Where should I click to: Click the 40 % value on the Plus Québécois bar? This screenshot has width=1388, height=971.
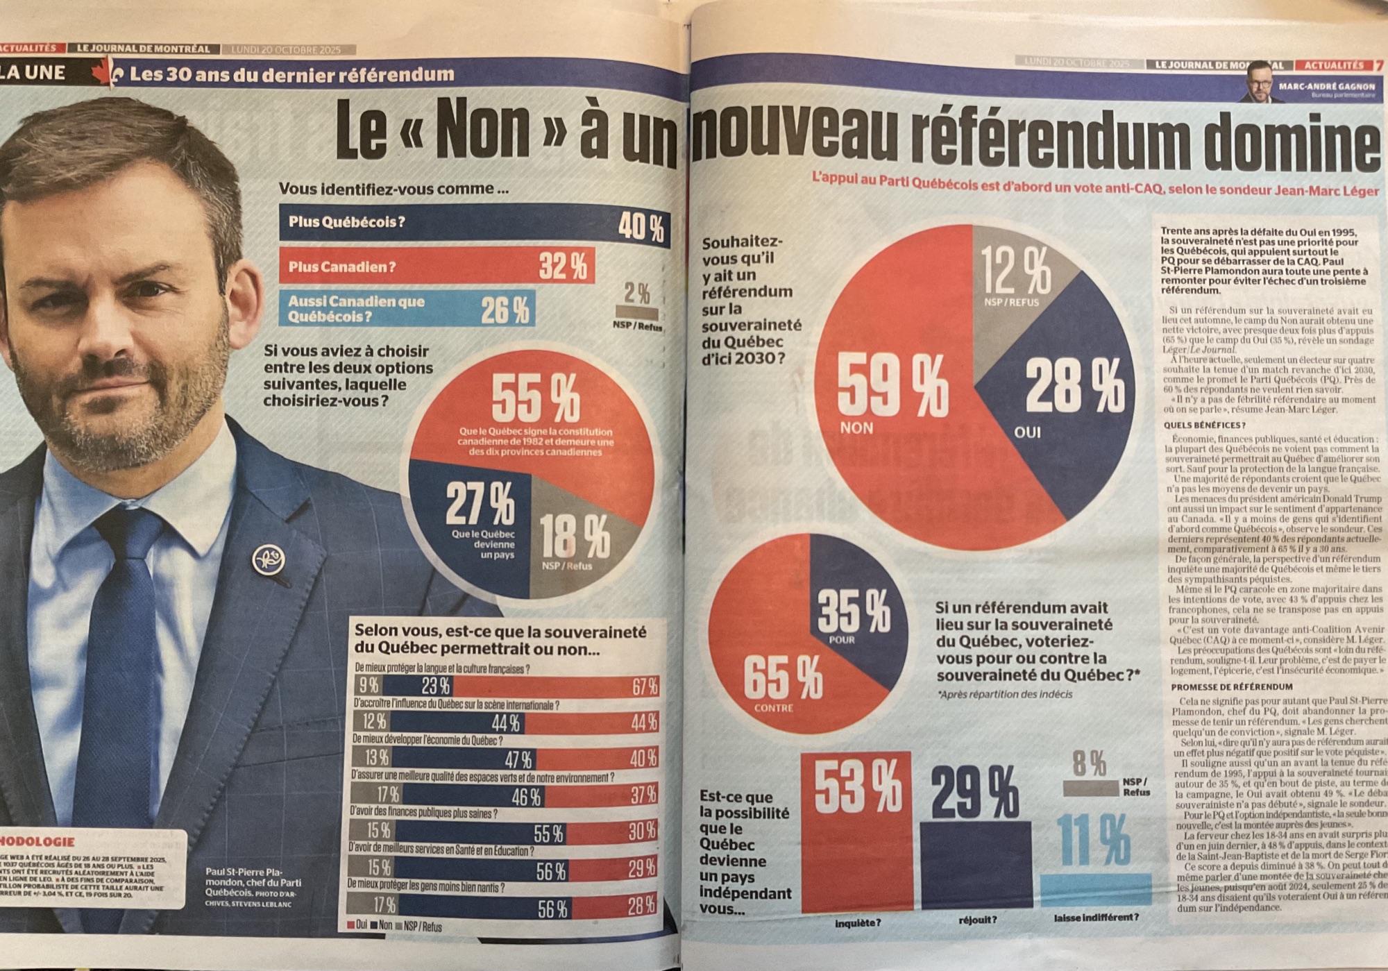tap(641, 227)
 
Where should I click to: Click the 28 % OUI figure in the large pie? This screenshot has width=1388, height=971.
tap(1074, 388)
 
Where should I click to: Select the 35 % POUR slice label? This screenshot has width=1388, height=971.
tap(854, 612)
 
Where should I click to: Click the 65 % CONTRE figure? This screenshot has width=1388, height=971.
tap(783, 678)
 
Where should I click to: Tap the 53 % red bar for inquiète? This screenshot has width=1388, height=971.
tap(857, 833)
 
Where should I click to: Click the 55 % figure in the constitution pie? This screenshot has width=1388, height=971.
tap(535, 398)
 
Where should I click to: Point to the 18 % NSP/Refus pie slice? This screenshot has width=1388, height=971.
tap(575, 538)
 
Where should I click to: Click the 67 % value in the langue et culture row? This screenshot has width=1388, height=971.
tap(644, 687)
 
